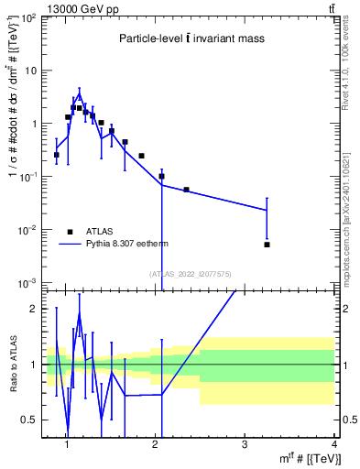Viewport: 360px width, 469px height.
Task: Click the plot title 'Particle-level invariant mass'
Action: [190, 39]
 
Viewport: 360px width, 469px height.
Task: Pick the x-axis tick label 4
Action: [333, 444]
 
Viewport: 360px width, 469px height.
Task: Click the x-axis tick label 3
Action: [245, 444]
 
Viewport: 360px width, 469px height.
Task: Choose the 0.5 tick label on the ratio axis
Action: [27, 420]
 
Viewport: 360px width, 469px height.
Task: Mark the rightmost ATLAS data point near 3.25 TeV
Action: [267, 245]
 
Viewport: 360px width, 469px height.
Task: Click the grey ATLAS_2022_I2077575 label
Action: [190, 274]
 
